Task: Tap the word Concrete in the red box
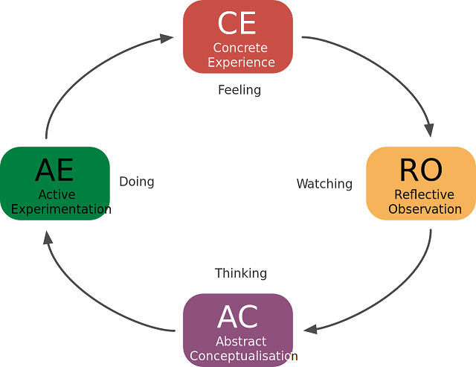point(239,48)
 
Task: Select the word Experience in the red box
point(241,63)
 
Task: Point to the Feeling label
point(239,90)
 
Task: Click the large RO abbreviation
point(420,170)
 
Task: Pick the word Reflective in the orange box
point(424,195)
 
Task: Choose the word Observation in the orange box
point(425,209)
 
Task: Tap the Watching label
point(324,183)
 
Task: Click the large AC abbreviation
point(237,318)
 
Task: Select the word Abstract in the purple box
point(241,342)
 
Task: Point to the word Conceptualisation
point(243,356)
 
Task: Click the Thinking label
point(240,273)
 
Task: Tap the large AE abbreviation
point(54,170)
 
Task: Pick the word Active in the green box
point(57,195)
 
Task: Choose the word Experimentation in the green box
point(61,209)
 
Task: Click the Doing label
point(137,182)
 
